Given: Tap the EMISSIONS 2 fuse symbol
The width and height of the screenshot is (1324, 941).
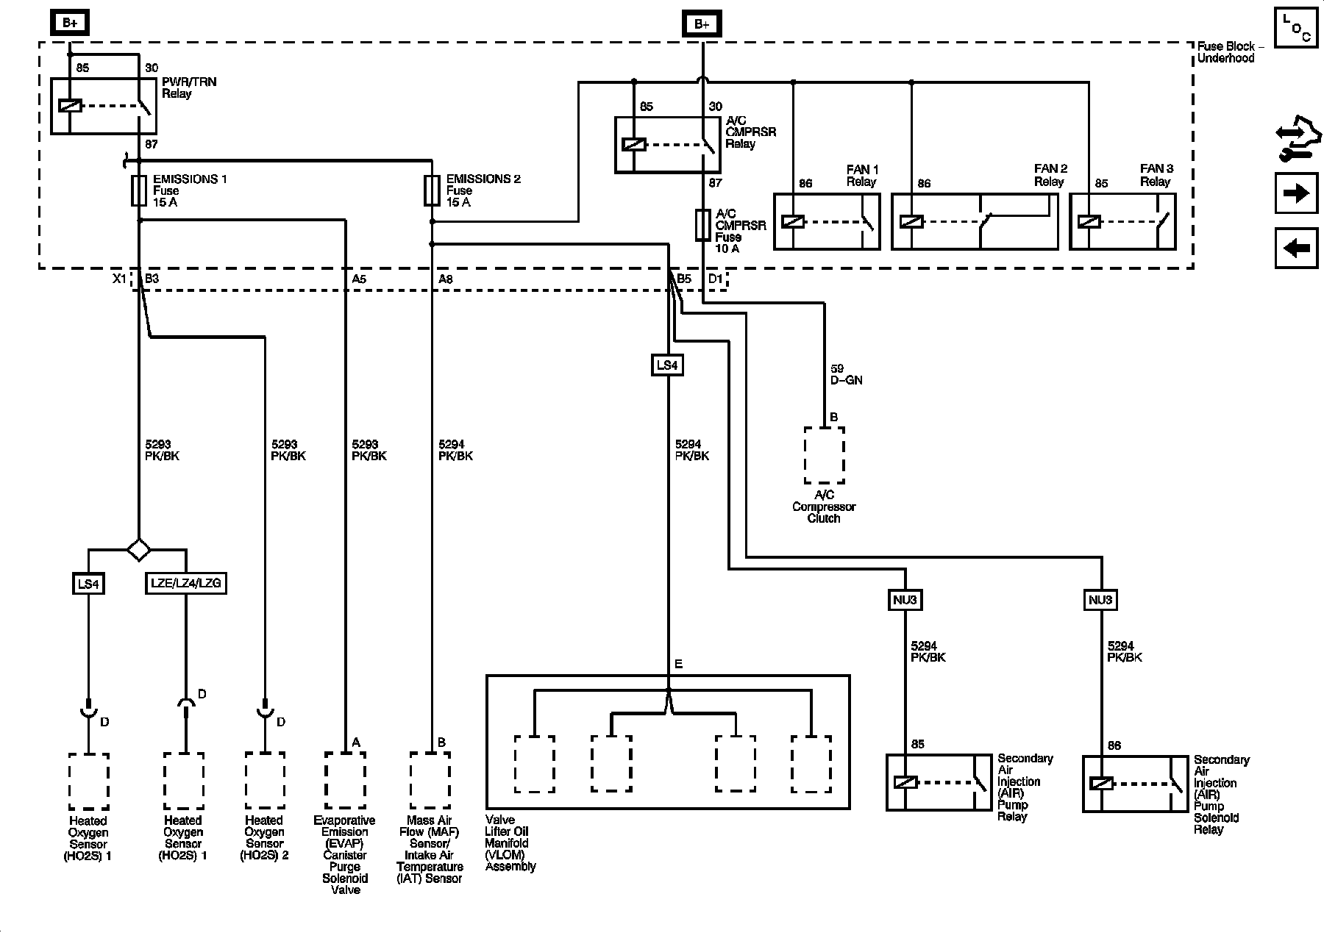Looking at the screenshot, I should [x=433, y=190].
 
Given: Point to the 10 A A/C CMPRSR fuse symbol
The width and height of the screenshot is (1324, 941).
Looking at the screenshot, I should [x=703, y=224].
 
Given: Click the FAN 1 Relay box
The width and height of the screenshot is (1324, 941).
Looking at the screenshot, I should [x=827, y=221].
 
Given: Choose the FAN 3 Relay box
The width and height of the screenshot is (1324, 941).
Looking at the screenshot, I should [x=1122, y=221].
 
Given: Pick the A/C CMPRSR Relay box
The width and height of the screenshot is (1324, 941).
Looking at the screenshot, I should [x=668, y=145].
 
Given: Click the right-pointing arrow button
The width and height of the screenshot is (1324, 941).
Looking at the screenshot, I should [x=1296, y=193].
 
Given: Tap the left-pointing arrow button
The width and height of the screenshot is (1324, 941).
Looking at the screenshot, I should [x=1296, y=248].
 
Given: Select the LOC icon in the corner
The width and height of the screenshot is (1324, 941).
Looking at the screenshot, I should [x=1296, y=27].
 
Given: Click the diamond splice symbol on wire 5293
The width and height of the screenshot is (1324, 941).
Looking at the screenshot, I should [x=138, y=549].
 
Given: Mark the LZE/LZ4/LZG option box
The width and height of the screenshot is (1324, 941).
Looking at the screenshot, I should [x=185, y=584].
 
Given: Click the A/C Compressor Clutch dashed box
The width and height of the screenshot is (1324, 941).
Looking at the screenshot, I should [x=824, y=455].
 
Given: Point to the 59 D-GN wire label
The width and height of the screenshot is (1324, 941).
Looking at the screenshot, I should [x=846, y=374].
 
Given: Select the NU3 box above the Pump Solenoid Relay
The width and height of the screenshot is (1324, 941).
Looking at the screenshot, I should [x=1100, y=600].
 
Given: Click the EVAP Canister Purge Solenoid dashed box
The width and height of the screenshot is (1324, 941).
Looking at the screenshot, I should [x=345, y=781].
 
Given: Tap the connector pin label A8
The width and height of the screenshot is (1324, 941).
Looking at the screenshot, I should [x=446, y=279].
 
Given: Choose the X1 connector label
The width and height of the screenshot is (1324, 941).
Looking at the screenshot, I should [x=119, y=279].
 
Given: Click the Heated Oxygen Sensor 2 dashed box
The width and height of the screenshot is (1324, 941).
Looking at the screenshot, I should [x=265, y=781].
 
